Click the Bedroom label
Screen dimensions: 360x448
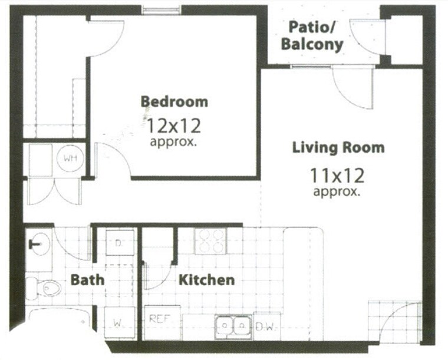174,101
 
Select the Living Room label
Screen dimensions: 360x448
338,147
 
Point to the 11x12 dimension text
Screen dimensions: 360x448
337,175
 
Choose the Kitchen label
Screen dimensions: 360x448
206,280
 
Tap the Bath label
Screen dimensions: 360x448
88,279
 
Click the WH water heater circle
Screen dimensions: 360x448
70,158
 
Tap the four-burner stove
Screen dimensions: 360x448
211,240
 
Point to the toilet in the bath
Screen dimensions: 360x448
47,288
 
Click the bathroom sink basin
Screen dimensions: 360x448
39,242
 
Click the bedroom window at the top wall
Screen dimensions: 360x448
162,9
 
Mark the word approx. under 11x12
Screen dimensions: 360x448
337,191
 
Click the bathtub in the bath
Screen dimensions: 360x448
59,321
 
